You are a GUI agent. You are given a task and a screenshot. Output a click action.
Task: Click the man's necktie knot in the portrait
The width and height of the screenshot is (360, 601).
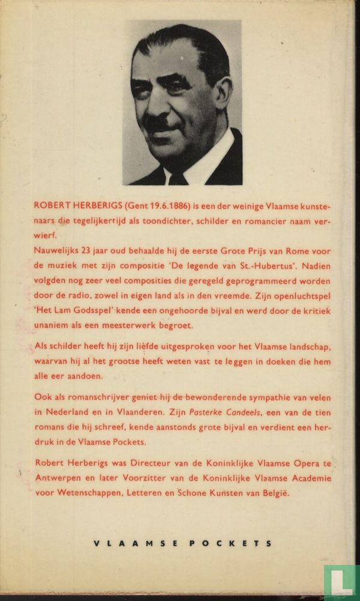(x=178, y=178)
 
